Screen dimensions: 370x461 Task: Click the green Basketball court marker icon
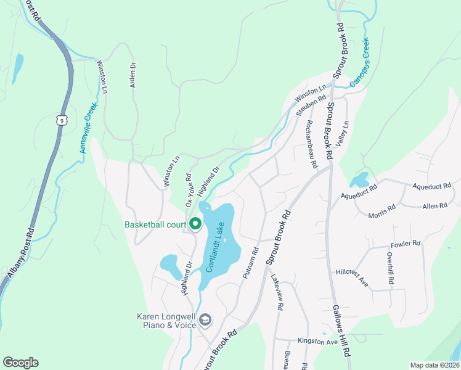[195, 224]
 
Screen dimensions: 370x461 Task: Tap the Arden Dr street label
[132, 74]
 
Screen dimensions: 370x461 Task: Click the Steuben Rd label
[311, 105]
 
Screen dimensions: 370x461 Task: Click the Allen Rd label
[436, 207]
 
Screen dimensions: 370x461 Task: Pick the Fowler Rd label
[404, 244]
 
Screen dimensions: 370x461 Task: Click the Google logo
[20, 363]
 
